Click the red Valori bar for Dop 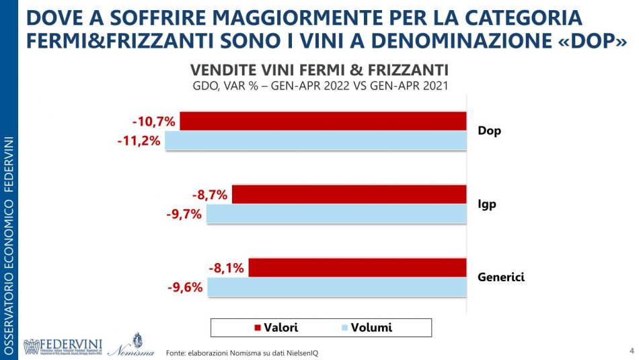click(323, 121)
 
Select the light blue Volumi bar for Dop click(315, 141)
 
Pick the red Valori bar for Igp click(348, 194)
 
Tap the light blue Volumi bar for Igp click(336, 214)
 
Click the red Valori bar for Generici click(357, 268)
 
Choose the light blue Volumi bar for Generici click(337, 287)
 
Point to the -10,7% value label click(154, 122)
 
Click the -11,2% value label click(139, 141)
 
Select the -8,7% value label click(210, 195)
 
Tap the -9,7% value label click(184, 215)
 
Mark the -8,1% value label click(225, 268)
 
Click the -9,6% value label click(185, 288)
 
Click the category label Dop click(489, 131)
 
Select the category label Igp click(487, 205)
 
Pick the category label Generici click(501, 277)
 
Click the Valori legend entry click(276, 328)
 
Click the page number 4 click(631, 350)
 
